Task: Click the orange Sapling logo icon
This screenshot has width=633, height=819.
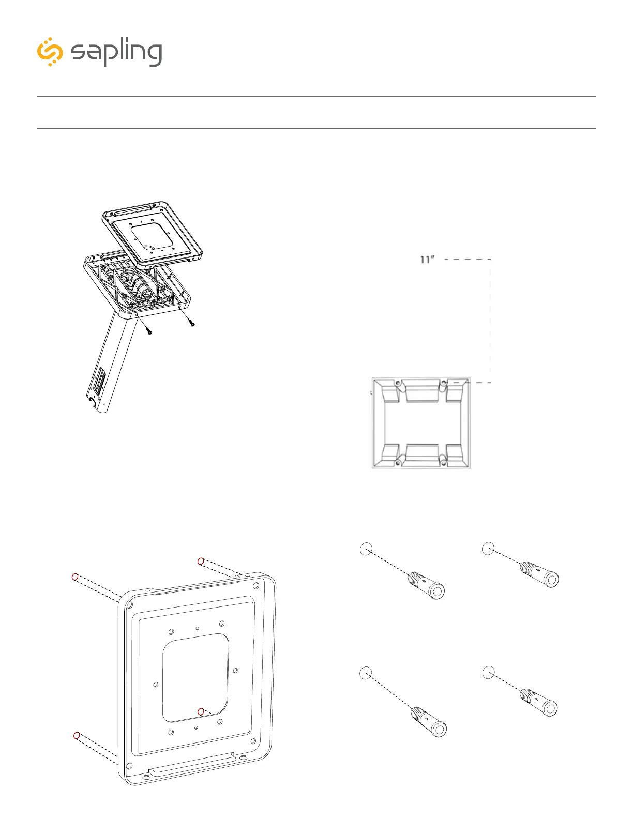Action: pos(50,52)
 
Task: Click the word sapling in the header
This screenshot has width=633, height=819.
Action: pos(116,53)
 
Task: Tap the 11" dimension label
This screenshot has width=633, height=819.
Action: pos(427,260)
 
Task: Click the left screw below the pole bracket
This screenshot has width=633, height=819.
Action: pos(148,330)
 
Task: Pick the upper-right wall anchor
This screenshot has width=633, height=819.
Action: pos(540,574)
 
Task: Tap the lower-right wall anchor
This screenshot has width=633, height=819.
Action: pos(540,702)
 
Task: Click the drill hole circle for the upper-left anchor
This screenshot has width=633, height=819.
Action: pos(366,549)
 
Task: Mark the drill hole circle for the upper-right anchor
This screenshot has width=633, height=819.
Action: pos(488,549)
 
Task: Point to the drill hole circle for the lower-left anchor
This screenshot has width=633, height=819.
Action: pos(366,673)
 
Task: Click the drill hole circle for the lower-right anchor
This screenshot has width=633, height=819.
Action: pos(488,672)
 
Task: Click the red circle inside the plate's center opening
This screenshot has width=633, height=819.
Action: pos(201,712)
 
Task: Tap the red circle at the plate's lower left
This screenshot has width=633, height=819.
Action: pos(77,735)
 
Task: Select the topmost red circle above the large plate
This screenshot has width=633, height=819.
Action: pos(201,561)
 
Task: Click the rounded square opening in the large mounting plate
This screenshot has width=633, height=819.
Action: pos(195,677)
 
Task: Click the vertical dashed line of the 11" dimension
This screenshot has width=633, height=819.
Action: pos(490,321)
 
